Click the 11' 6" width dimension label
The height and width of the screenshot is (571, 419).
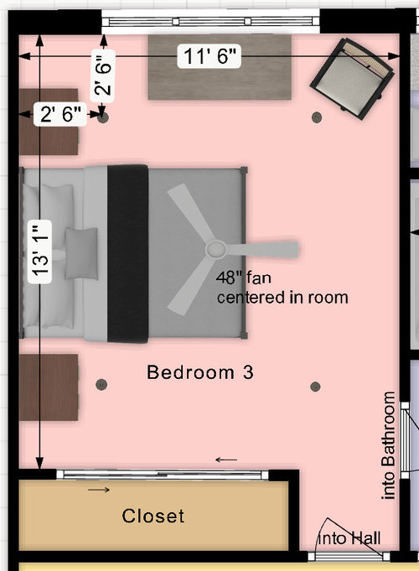(209, 57)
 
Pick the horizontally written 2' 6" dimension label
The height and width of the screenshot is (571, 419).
(60, 116)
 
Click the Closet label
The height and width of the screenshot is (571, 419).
(153, 516)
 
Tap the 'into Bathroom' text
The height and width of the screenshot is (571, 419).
(389, 446)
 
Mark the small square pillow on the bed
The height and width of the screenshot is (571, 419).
(82, 252)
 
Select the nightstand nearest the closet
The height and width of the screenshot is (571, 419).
(49, 387)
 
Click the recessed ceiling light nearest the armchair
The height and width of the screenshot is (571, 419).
(317, 118)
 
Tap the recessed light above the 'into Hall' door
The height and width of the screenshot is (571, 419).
(315, 387)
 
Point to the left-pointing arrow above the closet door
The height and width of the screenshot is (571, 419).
(226, 459)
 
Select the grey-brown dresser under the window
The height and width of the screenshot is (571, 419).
(220, 68)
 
